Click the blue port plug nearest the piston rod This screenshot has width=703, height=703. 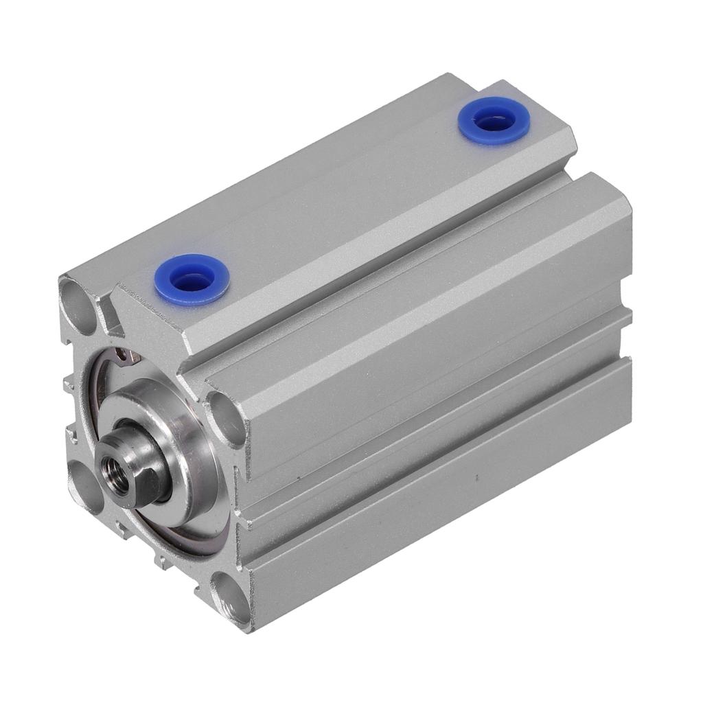192,279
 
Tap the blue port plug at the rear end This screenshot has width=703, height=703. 495,121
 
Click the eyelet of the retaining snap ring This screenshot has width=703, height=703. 124,355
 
